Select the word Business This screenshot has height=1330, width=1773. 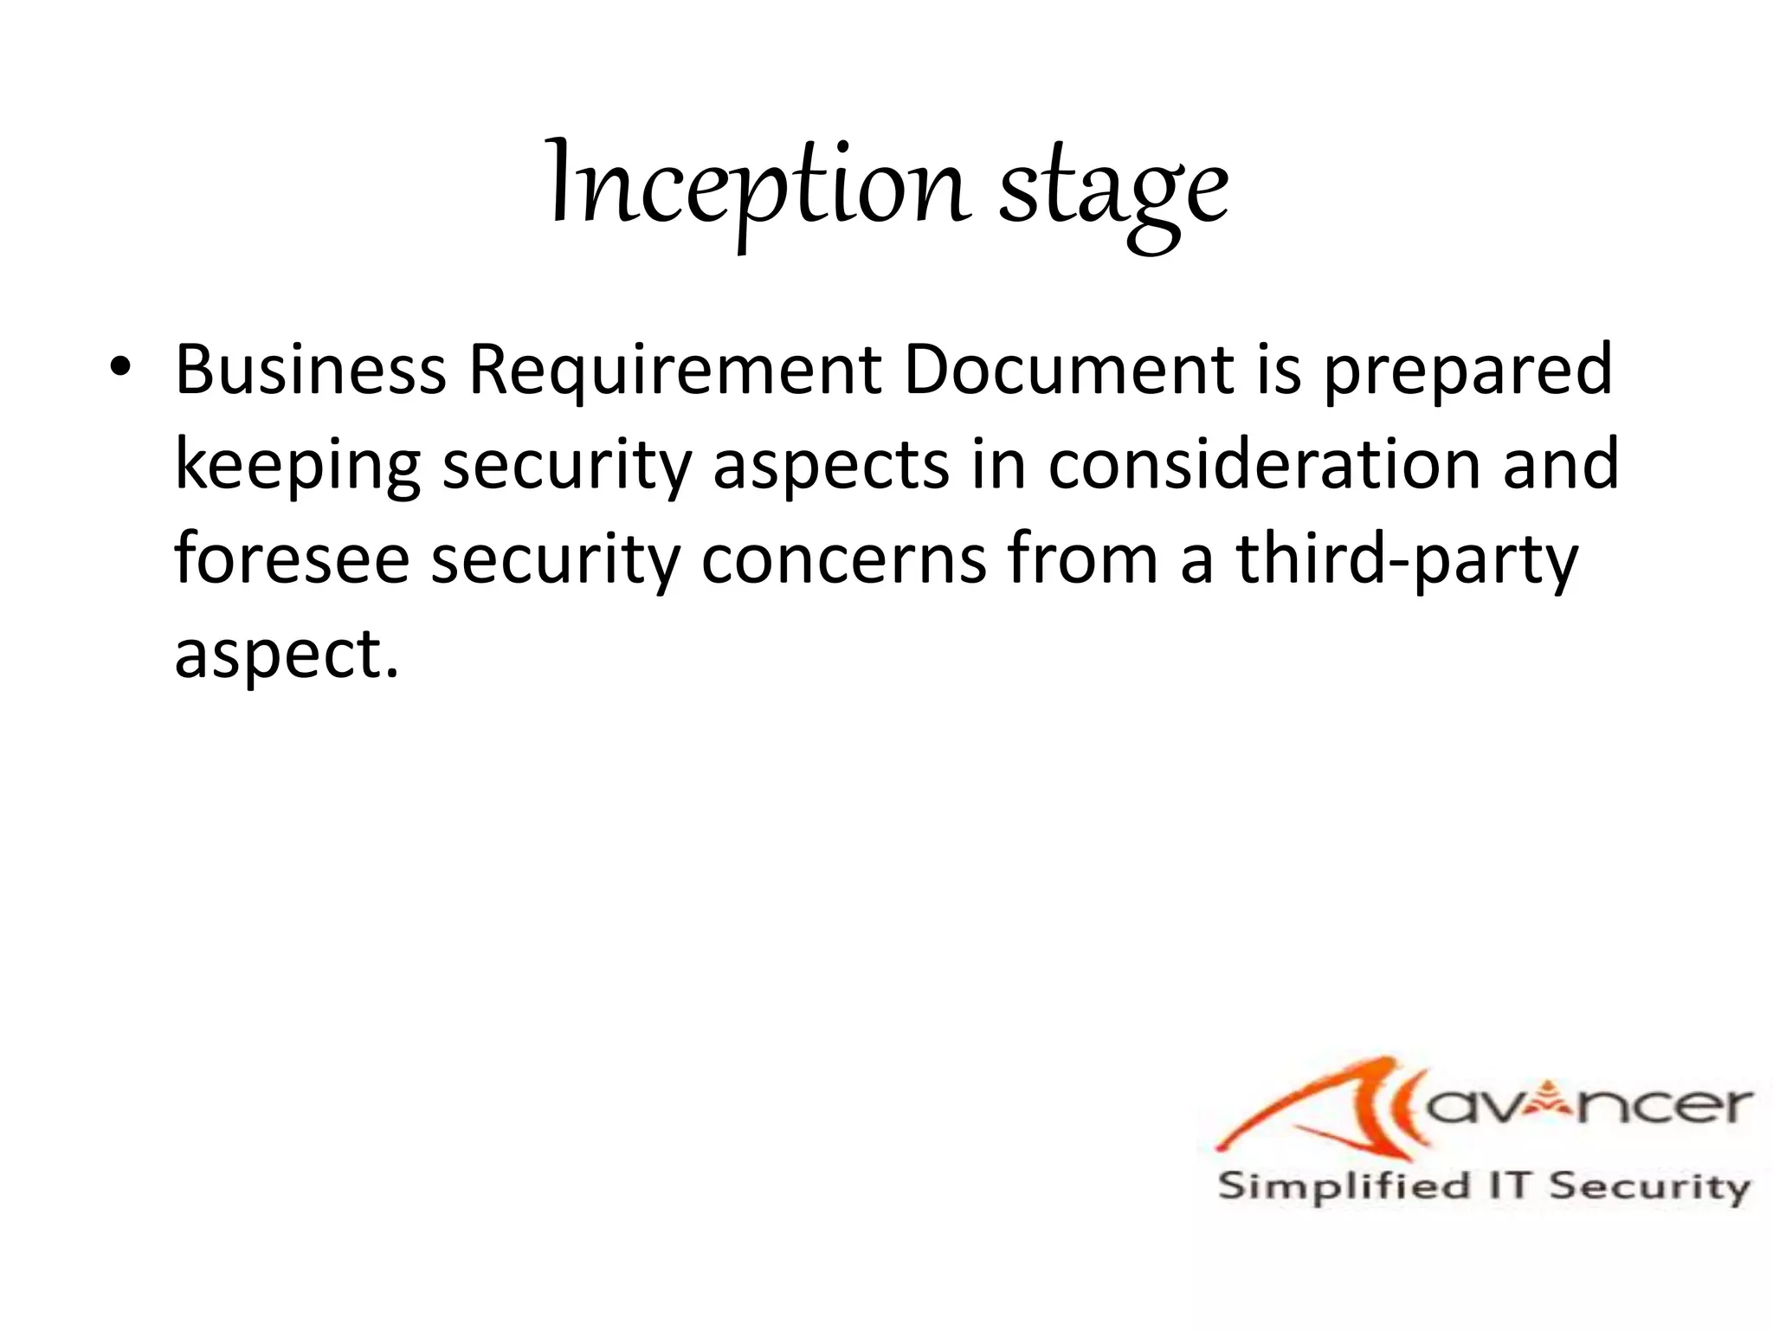[311, 370]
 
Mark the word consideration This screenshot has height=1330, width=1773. [1264, 465]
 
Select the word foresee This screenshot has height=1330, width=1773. [292, 560]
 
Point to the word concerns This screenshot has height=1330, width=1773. [844, 560]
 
